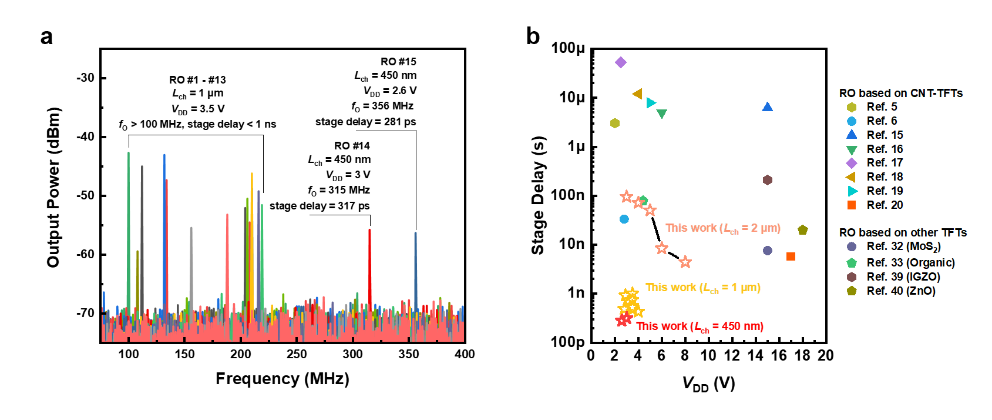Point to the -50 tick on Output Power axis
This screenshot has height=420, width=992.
(85, 196)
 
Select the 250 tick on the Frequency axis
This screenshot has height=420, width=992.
(297, 354)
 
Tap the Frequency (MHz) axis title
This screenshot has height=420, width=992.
(282, 379)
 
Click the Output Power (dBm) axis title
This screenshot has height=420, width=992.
(53, 188)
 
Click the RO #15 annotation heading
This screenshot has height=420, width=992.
(398, 62)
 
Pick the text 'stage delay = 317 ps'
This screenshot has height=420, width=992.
(320, 206)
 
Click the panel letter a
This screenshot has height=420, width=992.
(46, 36)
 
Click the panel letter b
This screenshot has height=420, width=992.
(533, 36)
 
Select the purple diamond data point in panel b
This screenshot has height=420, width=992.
(621, 62)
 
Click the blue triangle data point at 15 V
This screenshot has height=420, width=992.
(767, 107)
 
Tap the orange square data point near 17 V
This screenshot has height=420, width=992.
(791, 256)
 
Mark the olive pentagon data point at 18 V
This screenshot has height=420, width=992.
(803, 230)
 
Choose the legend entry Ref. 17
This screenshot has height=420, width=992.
(885, 163)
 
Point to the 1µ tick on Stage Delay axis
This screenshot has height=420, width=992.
(576, 146)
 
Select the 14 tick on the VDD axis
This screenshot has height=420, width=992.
(755, 356)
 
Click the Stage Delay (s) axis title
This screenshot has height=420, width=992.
(538, 195)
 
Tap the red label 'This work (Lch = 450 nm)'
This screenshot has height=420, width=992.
(700, 326)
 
